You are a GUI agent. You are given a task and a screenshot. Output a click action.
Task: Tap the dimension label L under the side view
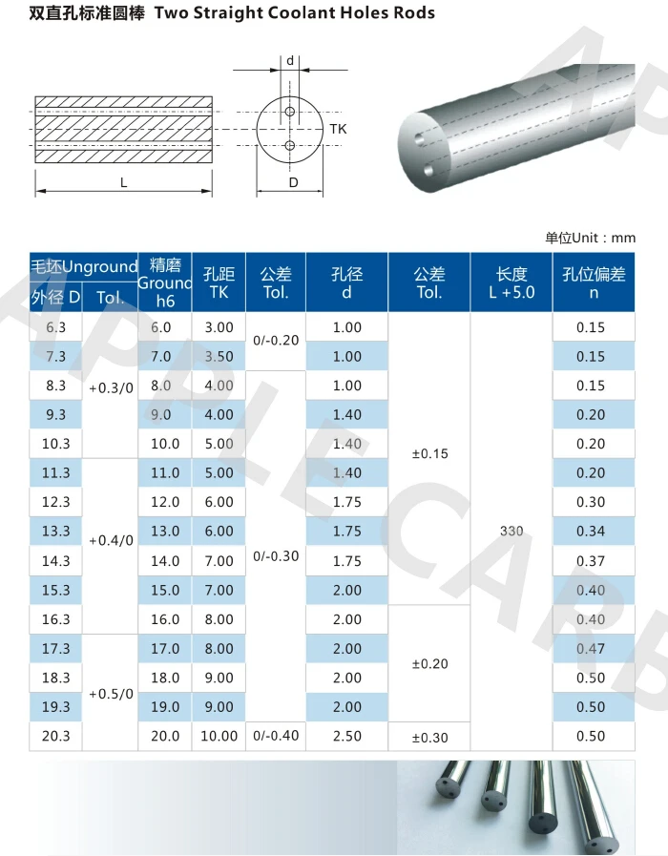(124, 182)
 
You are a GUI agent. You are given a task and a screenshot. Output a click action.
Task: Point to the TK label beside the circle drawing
(338, 128)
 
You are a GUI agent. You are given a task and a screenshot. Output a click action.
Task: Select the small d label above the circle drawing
(290, 61)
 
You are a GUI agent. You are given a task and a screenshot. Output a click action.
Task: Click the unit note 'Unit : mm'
(590, 238)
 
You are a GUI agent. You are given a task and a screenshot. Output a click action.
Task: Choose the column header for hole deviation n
(594, 282)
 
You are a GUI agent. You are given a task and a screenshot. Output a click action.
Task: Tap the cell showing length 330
(511, 531)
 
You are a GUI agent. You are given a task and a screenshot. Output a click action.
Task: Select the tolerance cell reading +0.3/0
(111, 388)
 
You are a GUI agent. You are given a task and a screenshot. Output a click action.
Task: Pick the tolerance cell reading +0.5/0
(111, 694)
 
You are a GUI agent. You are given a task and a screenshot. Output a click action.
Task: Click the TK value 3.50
(219, 356)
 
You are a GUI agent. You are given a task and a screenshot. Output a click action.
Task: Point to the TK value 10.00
(219, 736)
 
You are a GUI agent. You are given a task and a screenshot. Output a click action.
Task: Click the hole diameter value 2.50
(346, 736)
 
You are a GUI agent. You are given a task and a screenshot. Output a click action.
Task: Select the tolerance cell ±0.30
(429, 737)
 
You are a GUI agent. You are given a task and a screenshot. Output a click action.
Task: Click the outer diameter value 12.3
(55, 502)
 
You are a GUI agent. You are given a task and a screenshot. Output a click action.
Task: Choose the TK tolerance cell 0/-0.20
(276, 341)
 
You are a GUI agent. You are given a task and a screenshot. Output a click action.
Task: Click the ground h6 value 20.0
(165, 736)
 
